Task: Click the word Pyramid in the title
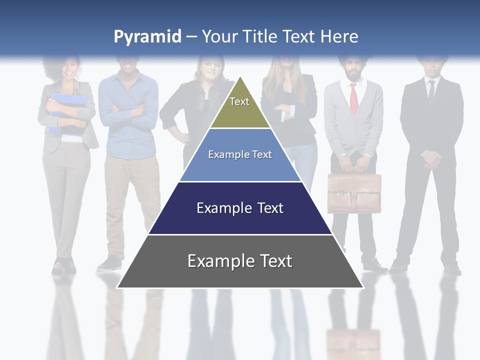pos(147,37)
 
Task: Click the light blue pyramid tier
pos(240,155)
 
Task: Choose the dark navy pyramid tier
pos(240,208)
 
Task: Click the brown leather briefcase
pos(354,193)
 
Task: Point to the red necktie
pos(354,97)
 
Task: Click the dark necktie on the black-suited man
pos(431,90)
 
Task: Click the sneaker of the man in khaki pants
pos(109,263)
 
